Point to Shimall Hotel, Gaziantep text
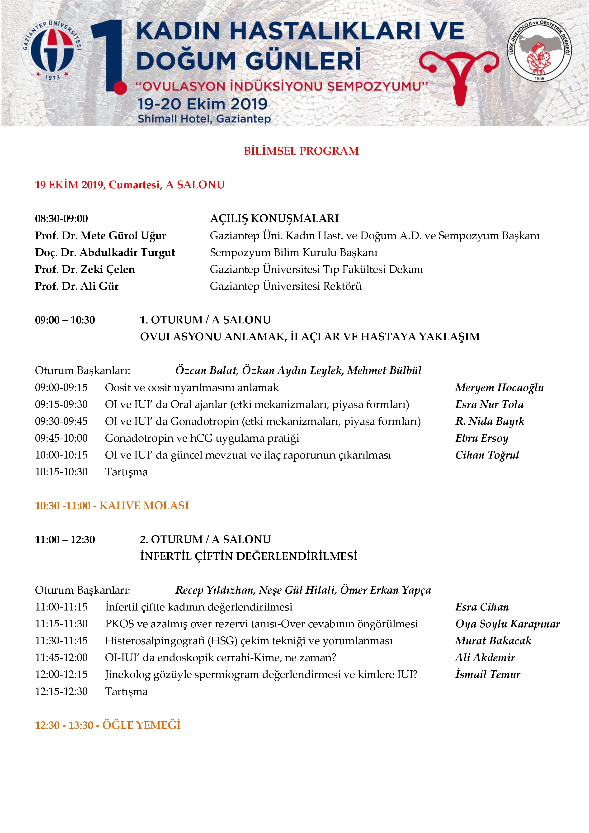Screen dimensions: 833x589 pyautogui.click(x=204, y=119)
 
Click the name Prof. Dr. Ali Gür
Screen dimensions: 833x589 pyautogui.click(x=77, y=286)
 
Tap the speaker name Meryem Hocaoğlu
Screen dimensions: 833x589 pyautogui.click(x=499, y=388)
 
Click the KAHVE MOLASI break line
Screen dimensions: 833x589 pyautogui.click(x=112, y=505)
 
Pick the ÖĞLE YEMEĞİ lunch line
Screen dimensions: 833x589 pyautogui.click(x=108, y=725)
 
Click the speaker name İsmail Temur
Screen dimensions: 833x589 pyautogui.click(x=488, y=674)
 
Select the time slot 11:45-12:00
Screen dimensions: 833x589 pyautogui.click(x=61, y=658)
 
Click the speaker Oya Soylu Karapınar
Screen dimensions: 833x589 pyautogui.click(x=507, y=624)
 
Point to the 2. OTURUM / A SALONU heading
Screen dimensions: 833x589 pyautogui.click(x=205, y=540)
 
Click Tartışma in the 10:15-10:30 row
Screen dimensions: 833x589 pyautogui.click(x=126, y=472)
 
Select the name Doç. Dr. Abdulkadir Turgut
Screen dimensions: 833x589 pyautogui.click(x=105, y=252)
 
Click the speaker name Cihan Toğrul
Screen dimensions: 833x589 pyautogui.click(x=487, y=455)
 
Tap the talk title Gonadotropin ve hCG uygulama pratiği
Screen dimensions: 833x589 pyautogui.click(x=202, y=438)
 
